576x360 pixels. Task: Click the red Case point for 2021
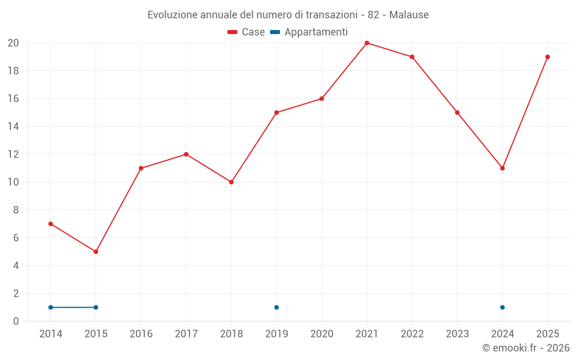366,43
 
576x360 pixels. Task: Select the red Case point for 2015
96,252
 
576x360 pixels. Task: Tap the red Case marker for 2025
547,57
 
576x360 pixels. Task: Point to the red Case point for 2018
232,182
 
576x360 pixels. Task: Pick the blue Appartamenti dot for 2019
276,308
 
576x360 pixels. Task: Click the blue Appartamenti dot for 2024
502,308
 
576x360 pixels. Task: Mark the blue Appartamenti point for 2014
51,308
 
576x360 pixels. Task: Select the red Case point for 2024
502,168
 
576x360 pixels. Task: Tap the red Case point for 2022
412,57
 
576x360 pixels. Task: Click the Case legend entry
246,32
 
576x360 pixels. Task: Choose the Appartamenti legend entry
309,32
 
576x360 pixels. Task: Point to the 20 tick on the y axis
13,43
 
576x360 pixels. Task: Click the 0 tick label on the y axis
16,321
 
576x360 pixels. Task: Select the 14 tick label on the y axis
13,126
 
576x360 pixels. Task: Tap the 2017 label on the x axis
186,334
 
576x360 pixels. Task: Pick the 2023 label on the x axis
457,334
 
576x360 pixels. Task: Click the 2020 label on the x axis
322,334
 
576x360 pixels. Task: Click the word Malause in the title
409,15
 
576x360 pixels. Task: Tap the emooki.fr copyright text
526,348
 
